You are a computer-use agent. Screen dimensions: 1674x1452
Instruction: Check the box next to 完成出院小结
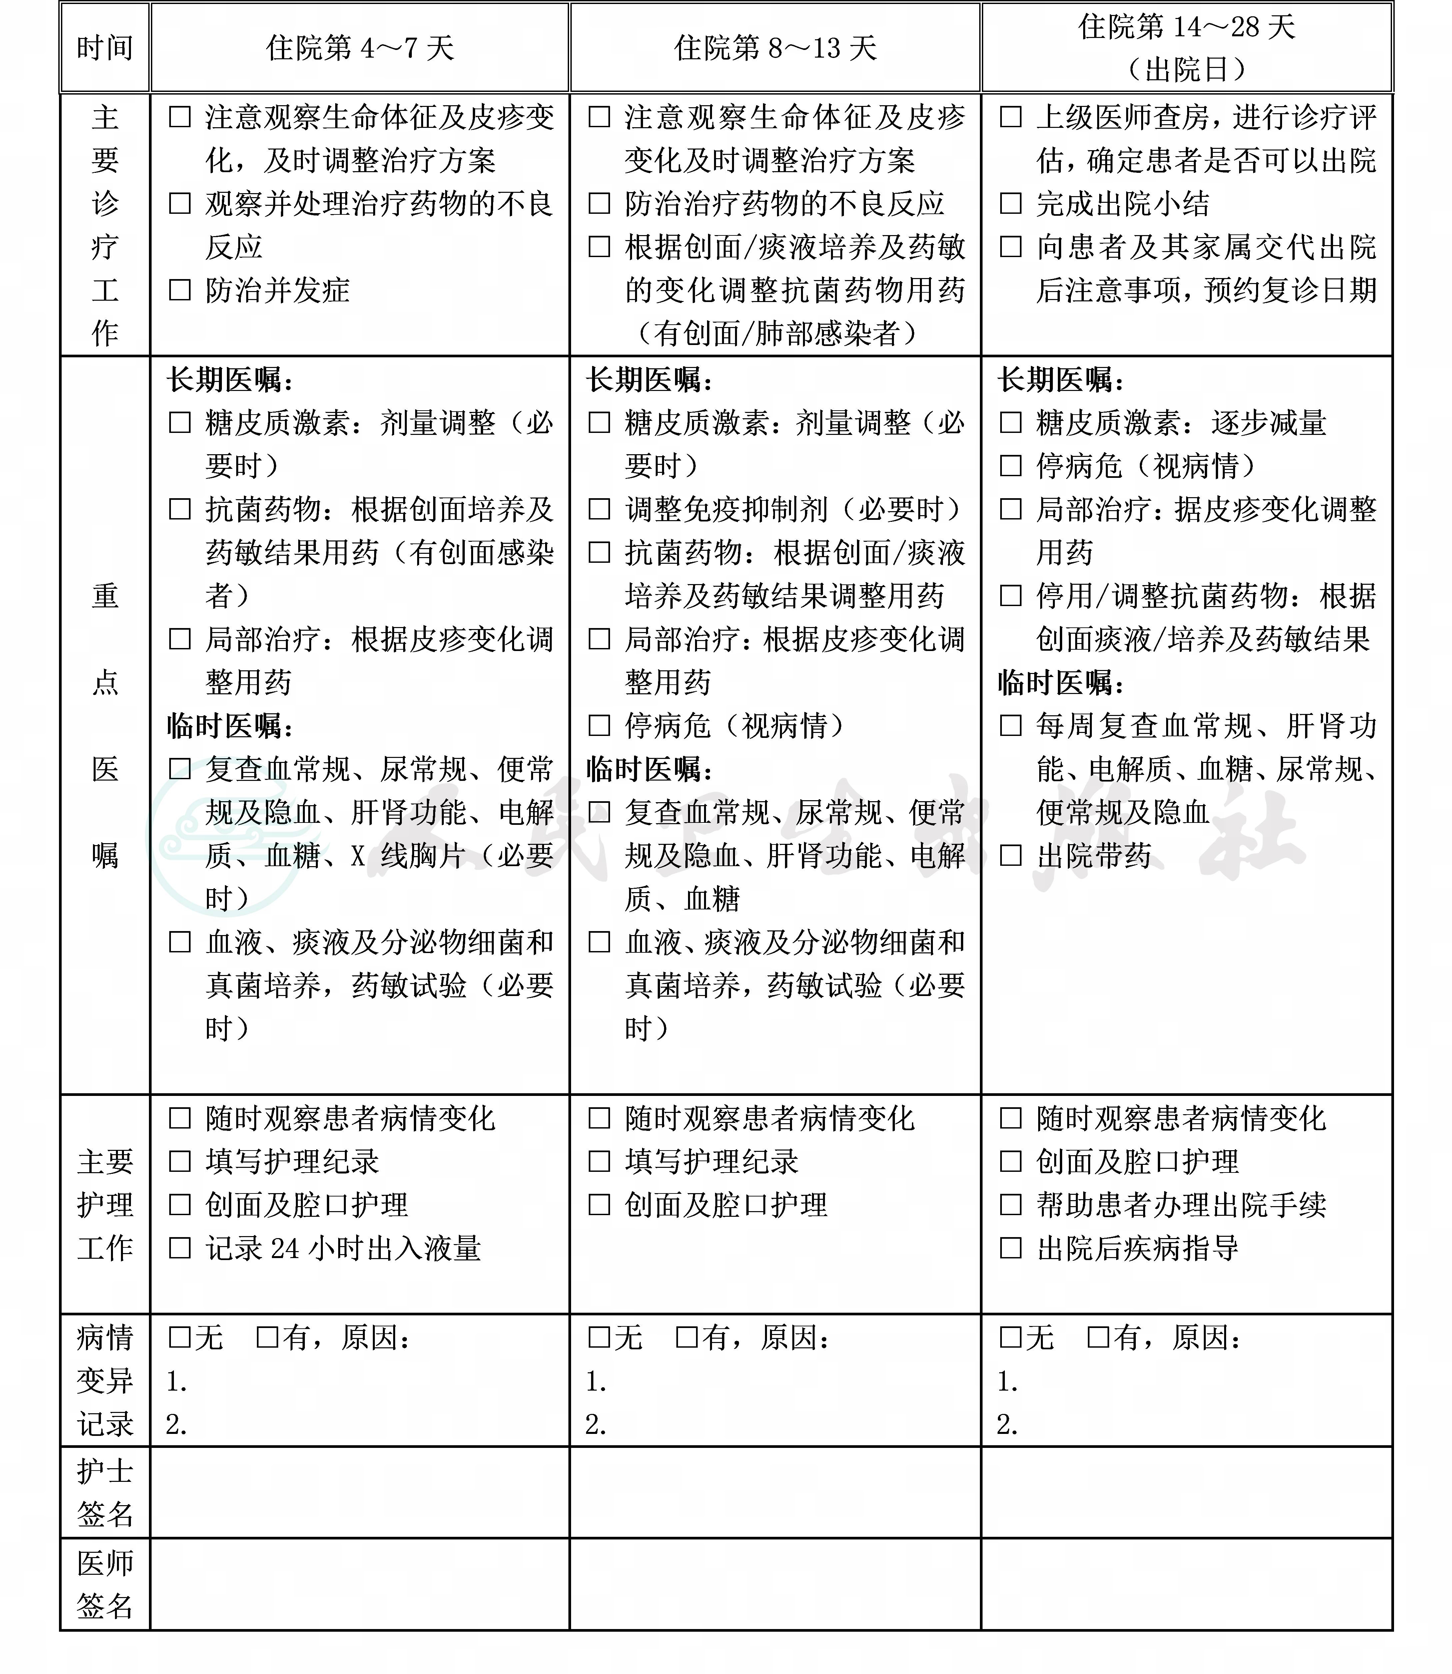[x=1011, y=203]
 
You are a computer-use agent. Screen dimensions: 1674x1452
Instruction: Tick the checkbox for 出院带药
[x=1011, y=855]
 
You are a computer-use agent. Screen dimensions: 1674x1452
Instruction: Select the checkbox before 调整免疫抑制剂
[x=599, y=509]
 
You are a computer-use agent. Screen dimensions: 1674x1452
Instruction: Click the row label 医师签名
[x=105, y=1584]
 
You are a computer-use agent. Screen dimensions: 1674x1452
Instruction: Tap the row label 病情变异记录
[x=105, y=1381]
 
